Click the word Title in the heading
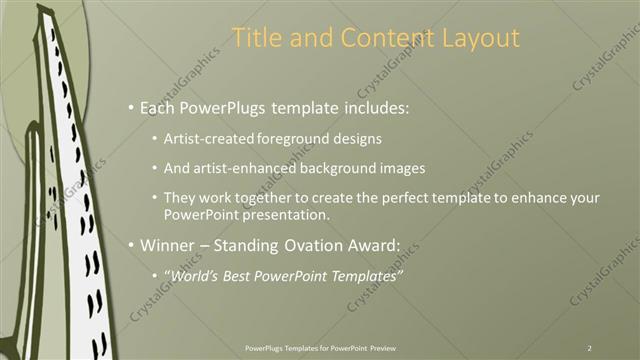click(x=256, y=39)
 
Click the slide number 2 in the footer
click(x=589, y=347)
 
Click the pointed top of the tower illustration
click(x=44, y=9)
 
